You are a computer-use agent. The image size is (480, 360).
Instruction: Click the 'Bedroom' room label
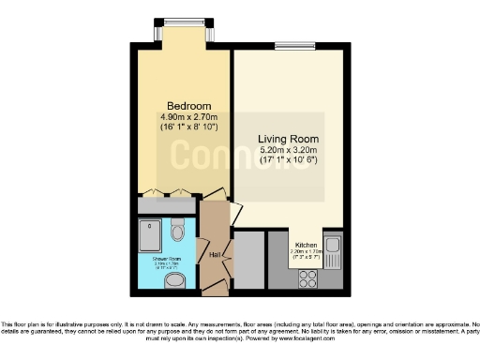coord(182,105)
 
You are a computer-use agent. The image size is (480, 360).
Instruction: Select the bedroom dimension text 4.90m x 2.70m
coord(182,116)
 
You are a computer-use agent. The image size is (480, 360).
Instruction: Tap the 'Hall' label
coord(214,253)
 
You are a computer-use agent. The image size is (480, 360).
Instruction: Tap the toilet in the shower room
coord(177,229)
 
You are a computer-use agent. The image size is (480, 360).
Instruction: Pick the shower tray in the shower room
coord(150,234)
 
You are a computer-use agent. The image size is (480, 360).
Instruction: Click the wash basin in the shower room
coord(180,277)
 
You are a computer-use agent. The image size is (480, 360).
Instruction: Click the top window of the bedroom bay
coord(184,22)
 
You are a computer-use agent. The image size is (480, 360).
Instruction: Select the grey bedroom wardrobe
coord(166,203)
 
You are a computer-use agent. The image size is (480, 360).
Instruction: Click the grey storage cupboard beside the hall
coord(247,259)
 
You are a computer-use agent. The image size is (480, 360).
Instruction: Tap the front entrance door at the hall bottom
coord(215,285)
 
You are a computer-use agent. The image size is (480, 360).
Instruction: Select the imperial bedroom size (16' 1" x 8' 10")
coord(182,127)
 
